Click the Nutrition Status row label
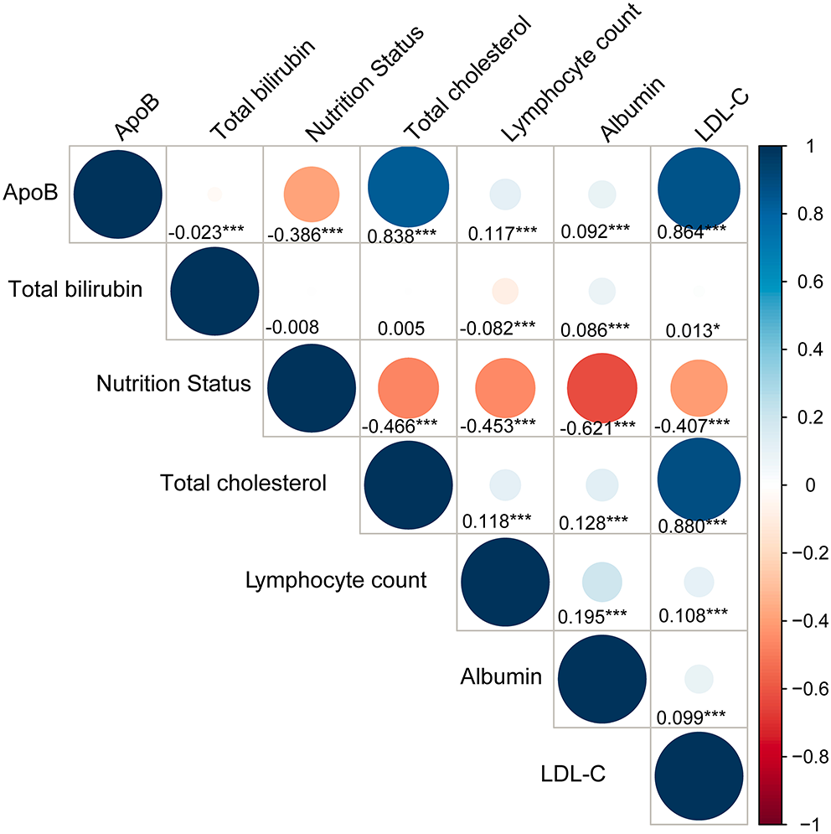(173, 385)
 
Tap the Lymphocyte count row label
(337, 580)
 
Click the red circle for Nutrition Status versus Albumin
(601, 387)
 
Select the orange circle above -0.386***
(311, 193)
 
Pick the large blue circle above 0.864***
(699, 193)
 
